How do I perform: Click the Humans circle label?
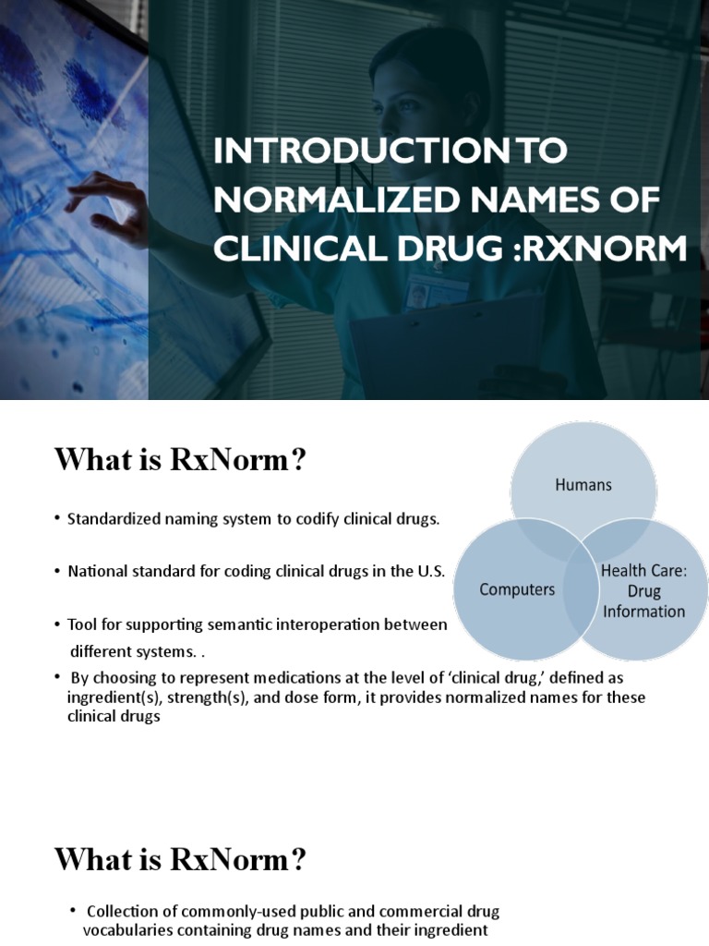(583, 484)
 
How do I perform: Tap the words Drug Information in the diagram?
(644, 600)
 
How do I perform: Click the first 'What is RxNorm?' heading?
(179, 459)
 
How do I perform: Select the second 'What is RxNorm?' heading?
(179, 860)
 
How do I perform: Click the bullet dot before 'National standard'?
(57, 571)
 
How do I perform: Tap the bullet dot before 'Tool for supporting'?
(57, 625)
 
